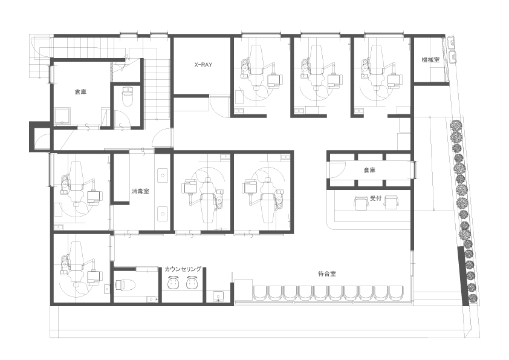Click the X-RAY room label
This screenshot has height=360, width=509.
click(203, 65)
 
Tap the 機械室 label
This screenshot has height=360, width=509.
click(430, 60)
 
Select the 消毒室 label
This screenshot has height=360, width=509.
click(140, 191)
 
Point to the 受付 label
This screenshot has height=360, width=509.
click(375, 198)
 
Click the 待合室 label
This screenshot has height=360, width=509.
click(327, 274)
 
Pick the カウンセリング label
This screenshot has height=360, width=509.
click(183, 269)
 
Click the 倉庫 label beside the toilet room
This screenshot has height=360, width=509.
click(80, 92)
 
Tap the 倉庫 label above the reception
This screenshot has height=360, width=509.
click(369, 170)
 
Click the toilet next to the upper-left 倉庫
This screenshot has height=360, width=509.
click(127, 96)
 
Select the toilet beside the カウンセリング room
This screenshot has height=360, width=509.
click(125, 285)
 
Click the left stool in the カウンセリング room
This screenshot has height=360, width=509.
click(173, 283)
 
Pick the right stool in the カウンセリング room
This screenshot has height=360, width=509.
click(192, 283)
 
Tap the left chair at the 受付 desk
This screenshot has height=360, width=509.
click(360, 203)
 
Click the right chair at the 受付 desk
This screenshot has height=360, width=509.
click(391, 203)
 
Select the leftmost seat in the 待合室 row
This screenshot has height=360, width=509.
click(260, 293)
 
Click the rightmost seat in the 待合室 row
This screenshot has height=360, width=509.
click(396, 293)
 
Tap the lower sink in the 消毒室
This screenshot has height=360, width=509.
click(162, 214)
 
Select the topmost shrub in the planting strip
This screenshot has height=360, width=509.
click(455, 125)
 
